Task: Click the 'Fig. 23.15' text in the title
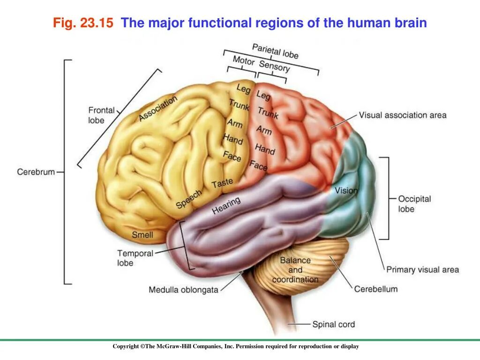coord(83,23)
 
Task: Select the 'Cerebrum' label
coord(36,172)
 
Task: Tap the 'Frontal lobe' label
coord(101,115)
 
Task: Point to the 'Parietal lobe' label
coord(275,51)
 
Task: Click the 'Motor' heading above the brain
coord(244,61)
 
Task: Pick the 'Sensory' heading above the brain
coord(274,67)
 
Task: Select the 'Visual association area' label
coord(403,115)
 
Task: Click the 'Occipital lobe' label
coord(414,204)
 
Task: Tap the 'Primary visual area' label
coord(422,270)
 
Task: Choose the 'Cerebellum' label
coord(375,289)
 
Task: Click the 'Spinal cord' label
coord(333,324)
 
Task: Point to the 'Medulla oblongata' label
coord(183,290)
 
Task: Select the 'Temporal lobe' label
coord(135,258)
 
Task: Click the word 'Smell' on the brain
coord(142,235)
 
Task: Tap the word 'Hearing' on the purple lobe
coord(226,205)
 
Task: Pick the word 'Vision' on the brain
coord(346,191)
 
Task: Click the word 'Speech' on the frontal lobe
coord(189,199)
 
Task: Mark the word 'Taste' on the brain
coord(222,184)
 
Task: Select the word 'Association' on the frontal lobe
coord(158,108)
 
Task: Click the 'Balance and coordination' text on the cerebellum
coord(295,270)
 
